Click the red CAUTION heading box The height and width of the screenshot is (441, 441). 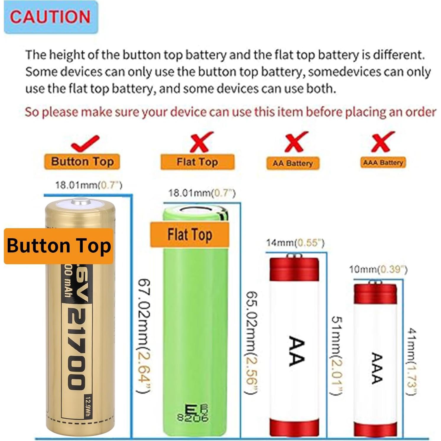point(51,17)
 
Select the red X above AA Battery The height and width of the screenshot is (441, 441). point(296,142)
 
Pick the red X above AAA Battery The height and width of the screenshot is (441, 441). point(383,142)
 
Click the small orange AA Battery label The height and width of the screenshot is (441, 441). point(293,163)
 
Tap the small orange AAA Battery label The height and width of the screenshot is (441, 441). point(383,163)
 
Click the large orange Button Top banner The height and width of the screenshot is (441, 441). point(59,246)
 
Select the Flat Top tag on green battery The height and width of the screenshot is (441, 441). point(190,235)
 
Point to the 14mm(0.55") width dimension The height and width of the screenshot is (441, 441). point(295,243)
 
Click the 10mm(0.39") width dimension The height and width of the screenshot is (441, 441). point(378,269)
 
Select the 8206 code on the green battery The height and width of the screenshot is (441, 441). point(193,417)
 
